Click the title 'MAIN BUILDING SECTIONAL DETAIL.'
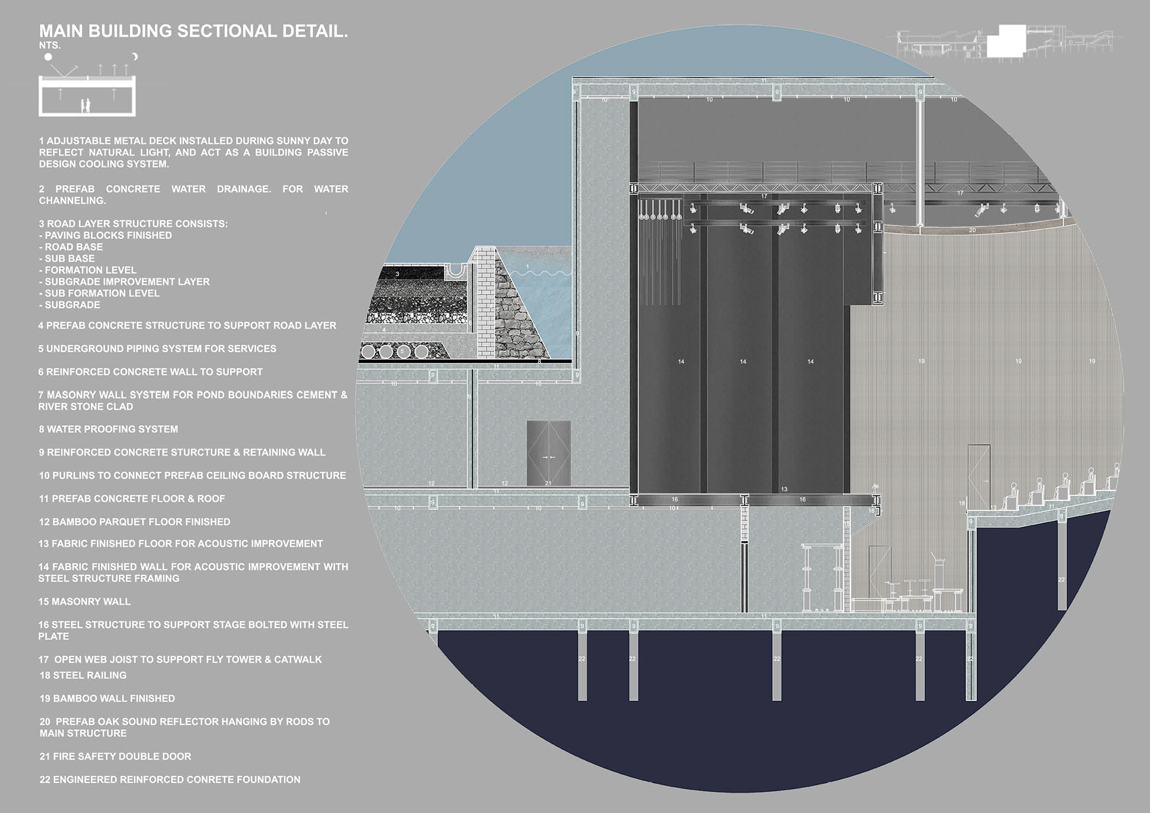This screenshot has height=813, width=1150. pos(193,31)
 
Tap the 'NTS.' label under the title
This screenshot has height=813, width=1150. pos(50,45)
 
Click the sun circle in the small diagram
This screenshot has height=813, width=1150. pos(48,57)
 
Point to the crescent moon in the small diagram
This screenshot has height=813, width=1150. pos(135,56)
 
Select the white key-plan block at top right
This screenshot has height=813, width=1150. pos(1006,41)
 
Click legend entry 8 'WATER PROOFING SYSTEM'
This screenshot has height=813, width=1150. pos(108,429)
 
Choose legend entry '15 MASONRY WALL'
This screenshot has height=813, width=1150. pos(84,602)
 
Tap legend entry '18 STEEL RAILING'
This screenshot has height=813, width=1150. pos(83,675)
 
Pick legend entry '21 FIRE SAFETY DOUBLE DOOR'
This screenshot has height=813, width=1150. pos(116,757)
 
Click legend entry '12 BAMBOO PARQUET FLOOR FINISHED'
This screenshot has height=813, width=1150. pos(135,522)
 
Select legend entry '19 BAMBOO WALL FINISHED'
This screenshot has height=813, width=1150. pos(107,699)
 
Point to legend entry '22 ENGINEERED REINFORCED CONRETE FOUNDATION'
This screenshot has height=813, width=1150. pos(170,779)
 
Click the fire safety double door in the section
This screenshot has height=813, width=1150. pos(548,453)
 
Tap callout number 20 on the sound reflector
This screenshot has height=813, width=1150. pos(972,230)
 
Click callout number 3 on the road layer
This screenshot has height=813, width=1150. pos(397,274)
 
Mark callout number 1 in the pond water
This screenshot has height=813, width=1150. pos(527,266)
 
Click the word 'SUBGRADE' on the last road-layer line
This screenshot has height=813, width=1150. pos(72,305)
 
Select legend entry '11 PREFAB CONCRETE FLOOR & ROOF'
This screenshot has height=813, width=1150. pos(132,499)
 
